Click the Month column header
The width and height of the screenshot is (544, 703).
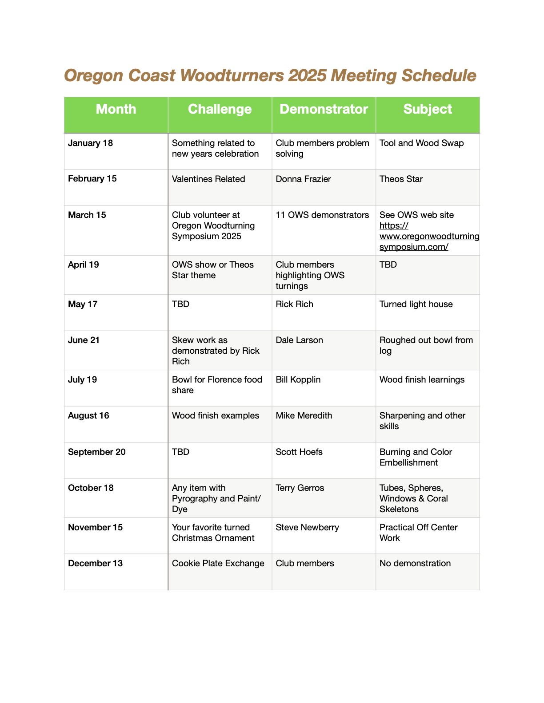click(116, 109)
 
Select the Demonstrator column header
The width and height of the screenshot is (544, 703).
click(324, 109)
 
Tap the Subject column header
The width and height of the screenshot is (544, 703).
click(428, 109)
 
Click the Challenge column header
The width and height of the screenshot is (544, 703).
click(220, 109)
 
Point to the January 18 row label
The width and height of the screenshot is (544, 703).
click(91, 143)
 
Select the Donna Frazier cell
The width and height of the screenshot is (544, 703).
click(304, 179)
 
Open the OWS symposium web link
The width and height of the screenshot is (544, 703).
click(429, 237)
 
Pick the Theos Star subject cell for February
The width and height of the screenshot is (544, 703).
click(401, 179)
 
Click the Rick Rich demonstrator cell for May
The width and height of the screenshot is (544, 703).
click(294, 304)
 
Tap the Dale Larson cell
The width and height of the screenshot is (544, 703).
click(299, 340)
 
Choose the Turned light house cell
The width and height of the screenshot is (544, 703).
click(416, 304)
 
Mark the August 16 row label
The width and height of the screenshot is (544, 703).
click(88, 416)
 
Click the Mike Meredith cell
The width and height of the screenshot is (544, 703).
click(304, 416)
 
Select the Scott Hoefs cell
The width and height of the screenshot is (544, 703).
click(299, 452)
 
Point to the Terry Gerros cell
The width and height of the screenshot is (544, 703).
click(300, 488)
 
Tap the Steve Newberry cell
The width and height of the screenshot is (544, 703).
click(307, 528)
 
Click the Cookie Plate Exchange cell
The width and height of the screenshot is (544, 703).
click(218, 564)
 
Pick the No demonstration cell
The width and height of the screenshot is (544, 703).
click(415, 564)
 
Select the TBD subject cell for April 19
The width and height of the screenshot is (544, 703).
click(388, 265)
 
